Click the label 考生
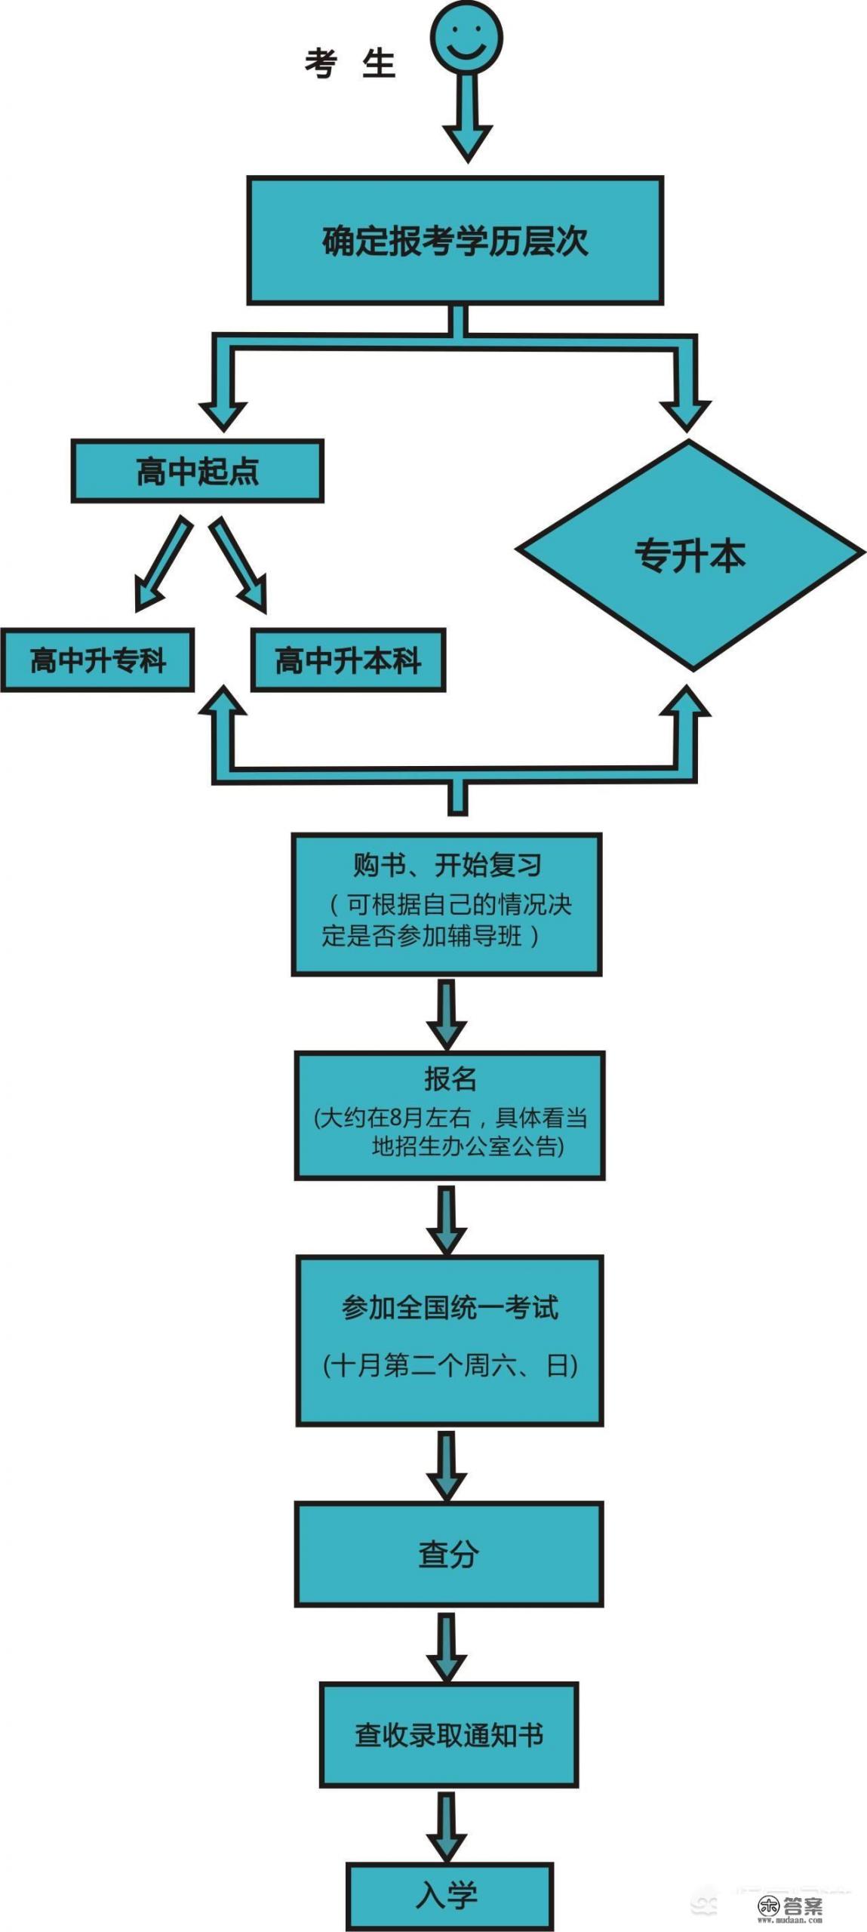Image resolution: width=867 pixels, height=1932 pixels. (350, 63)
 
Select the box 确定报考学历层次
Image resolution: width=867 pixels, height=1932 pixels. (455, 241)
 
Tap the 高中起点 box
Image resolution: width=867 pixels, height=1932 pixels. (197, 472)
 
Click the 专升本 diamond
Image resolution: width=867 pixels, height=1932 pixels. (690, 555)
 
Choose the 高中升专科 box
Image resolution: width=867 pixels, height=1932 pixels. (97, 660)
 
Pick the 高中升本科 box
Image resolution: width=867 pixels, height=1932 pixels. (348, 660)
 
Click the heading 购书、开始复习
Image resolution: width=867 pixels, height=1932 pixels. (447, 865)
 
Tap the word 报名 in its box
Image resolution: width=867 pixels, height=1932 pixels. (450, 1079)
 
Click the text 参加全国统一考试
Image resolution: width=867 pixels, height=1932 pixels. (450, 1307)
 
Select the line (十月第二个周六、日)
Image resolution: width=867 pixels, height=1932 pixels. (450, 1365)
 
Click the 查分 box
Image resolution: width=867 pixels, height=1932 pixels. (449, 1554)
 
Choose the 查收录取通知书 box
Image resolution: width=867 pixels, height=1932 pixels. (449, 1735)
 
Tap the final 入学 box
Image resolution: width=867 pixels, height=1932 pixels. (449, 1895)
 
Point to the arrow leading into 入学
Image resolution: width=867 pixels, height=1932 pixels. (447, 1826)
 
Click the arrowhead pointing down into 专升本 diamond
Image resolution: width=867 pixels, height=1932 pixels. (685, 411)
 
